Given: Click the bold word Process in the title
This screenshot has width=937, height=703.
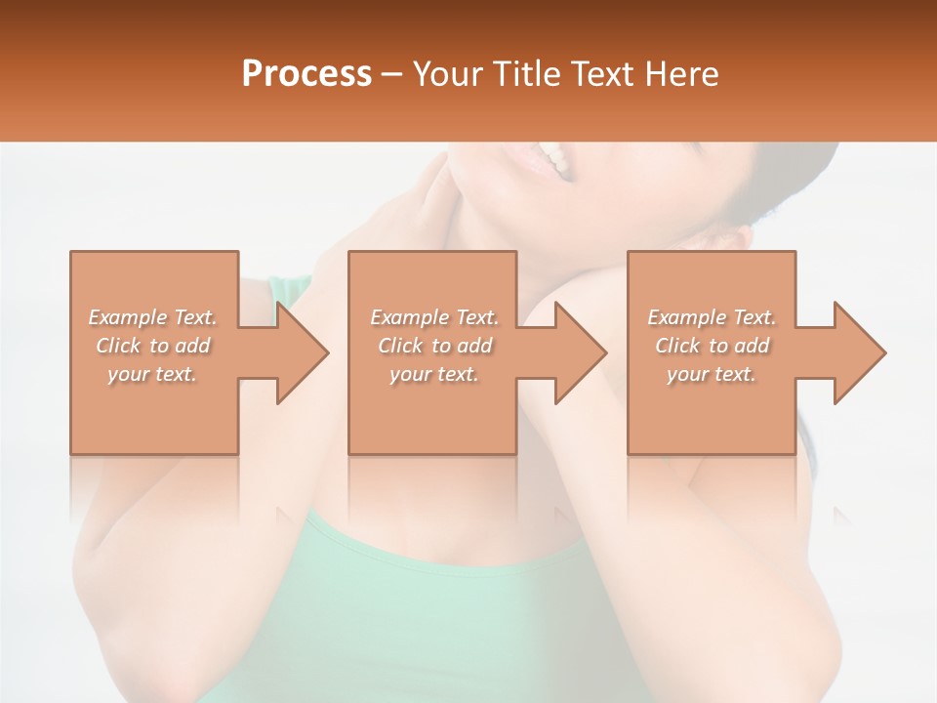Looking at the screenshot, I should click(306, 74).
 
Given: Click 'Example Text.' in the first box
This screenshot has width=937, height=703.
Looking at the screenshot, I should click(153, 317).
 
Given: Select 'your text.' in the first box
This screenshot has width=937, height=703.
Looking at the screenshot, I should click(153, 374).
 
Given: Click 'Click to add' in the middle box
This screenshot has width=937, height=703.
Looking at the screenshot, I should click(434, 346).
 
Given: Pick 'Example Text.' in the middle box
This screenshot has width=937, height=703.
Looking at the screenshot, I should click(434, 317).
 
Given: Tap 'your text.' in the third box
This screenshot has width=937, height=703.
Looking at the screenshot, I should click(712, 374).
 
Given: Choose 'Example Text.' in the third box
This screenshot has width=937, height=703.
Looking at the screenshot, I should click(712, 317).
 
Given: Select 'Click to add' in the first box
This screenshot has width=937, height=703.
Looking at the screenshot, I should click(153, 346).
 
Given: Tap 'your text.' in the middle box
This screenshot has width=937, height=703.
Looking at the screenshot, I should click(434, 374).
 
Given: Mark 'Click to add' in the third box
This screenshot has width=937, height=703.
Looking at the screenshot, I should click(712, 346).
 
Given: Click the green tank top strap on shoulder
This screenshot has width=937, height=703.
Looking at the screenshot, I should click(288, 291).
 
